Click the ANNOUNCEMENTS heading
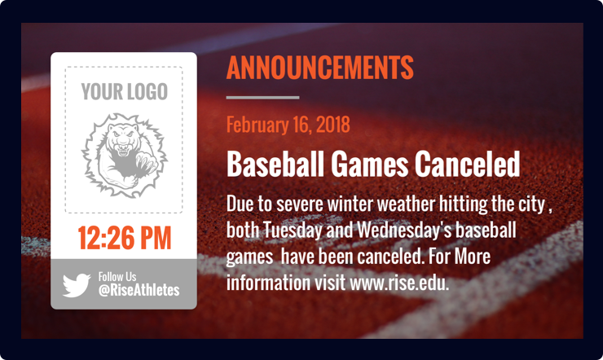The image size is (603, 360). pyautogui.click(x=319, y=68)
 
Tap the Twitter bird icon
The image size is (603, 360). pyautogui.click(x=76, y=284)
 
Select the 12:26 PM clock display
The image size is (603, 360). pyautogui.click(x=124, y=238)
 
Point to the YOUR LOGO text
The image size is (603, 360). pyautogui.click(x=124, y=91)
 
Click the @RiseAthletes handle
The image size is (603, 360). pyautogui.click(x=139, y=291)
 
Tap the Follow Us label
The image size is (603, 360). pyautogui.click(x=117, y=277)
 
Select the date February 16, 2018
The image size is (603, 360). pyautogui.click(x=288, y=125)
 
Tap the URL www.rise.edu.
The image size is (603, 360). pyautogui.click(x=399, y=284)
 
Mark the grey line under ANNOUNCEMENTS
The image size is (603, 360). pyautogui.click(x=262, y=98)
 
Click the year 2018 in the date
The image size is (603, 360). pyautogui.click(x=332, y=125)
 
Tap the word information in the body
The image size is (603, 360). pyautogui.click(x=266, y=284)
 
